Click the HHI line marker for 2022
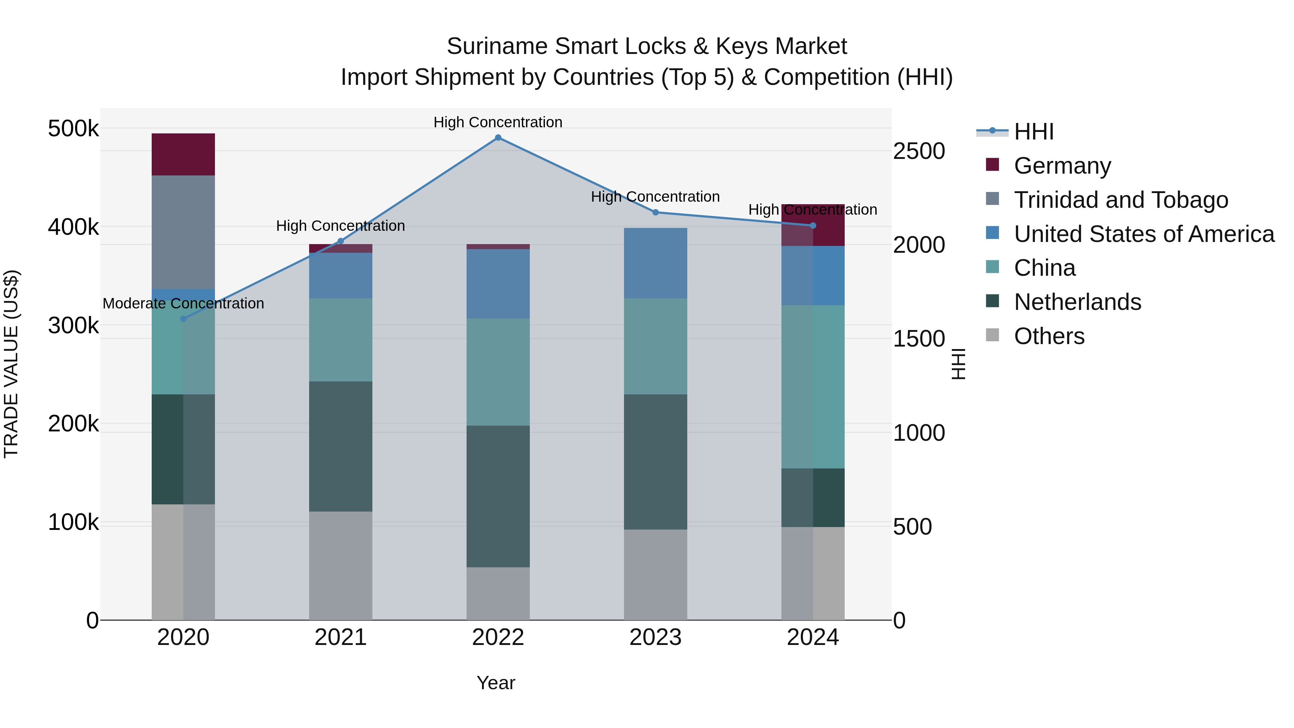tap(498, 138)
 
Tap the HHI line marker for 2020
tap(183, 319)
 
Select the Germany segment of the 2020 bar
tap(183, 154)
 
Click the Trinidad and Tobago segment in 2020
tap(183, 232)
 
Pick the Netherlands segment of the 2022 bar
tap(498, 496)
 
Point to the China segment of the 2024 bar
tap(813, 387)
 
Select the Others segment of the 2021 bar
tap(341, 565)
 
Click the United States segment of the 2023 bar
tap(655, 263)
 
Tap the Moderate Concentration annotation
tap(183, 303)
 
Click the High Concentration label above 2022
tap(498, 122)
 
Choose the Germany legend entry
tap(1062, 166)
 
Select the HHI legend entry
tap(1033, 132)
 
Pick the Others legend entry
tap(1049, 336)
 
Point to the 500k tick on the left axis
tap(73, 129)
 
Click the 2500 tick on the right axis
tap(919, 151)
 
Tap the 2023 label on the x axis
tap(655, 637)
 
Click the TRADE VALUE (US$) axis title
tap(11, 364)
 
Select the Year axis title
tap(496, 683)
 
